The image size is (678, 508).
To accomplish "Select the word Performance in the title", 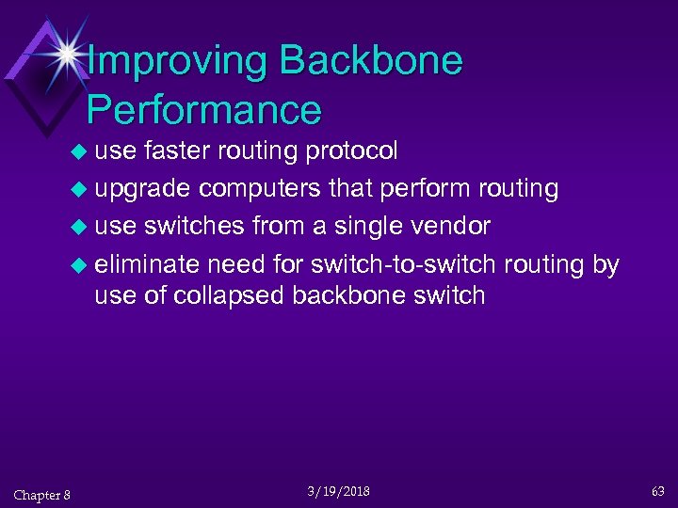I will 204,110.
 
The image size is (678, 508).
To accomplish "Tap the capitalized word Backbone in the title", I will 371,62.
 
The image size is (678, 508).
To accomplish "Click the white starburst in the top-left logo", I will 67,52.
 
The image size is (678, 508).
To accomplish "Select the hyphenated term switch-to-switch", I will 404,265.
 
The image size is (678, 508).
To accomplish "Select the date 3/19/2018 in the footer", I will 338,492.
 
